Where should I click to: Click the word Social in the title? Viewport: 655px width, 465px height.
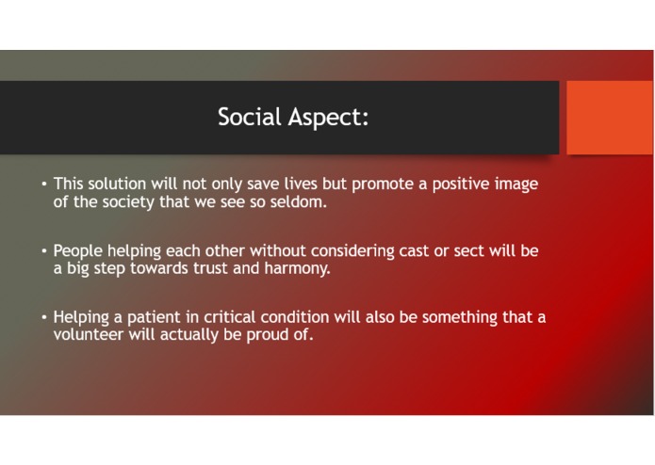247,118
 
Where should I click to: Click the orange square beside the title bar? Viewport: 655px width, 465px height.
609,116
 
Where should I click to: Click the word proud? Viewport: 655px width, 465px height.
267,333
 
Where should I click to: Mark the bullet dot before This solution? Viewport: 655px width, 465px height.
43,184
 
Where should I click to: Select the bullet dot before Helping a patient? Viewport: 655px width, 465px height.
43,317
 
